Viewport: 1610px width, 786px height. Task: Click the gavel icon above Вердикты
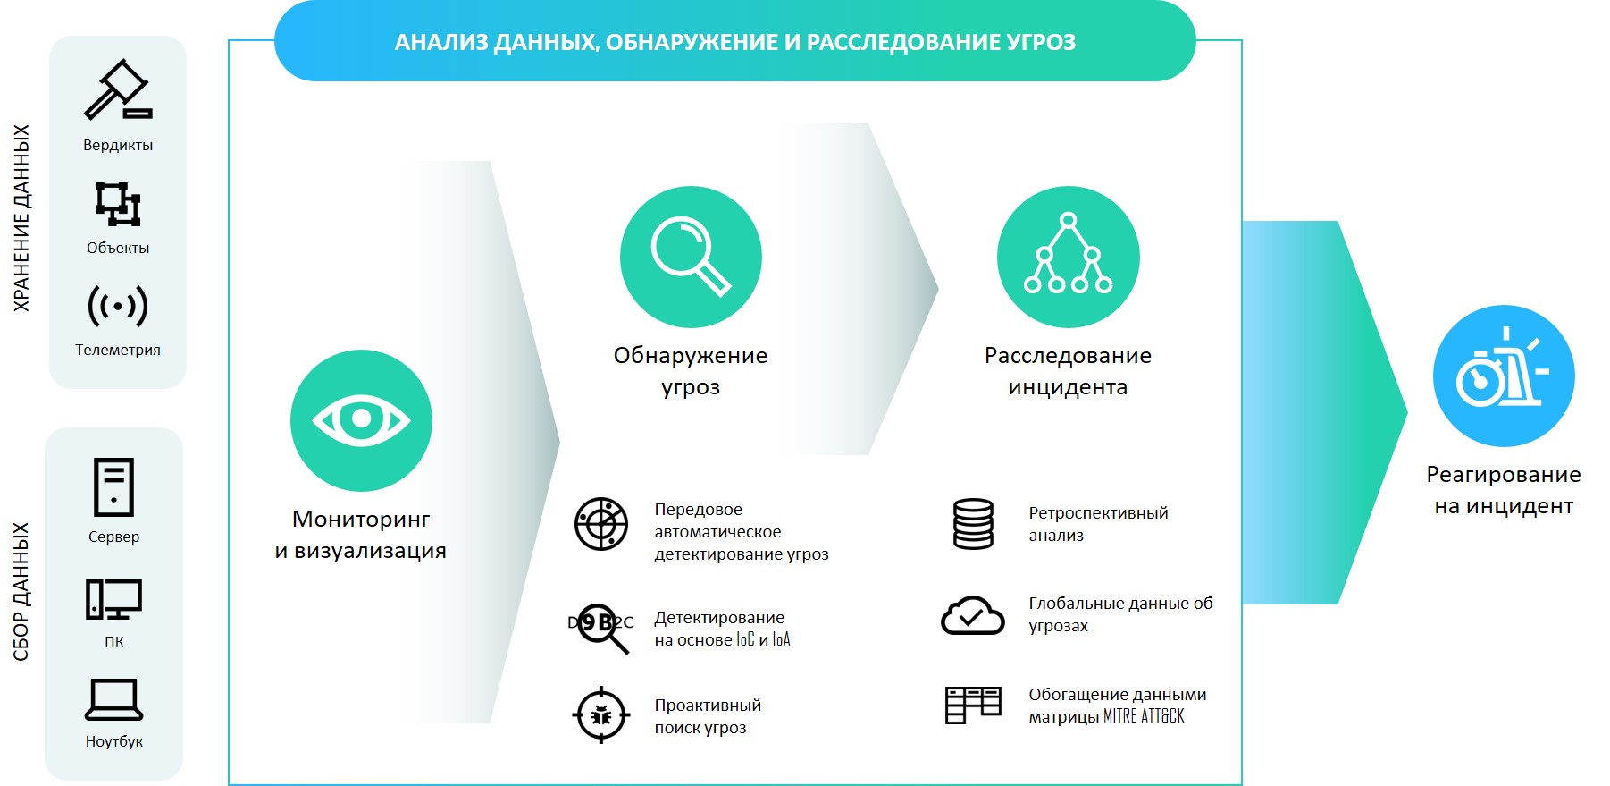[118, 89]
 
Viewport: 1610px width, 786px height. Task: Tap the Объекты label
[118, 248]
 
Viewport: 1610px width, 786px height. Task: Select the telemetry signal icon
[118, 306]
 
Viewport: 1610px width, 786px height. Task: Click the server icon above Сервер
[113, 487]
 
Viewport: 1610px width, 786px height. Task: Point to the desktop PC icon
[113, 600]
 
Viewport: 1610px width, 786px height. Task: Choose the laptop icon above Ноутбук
[113, 699]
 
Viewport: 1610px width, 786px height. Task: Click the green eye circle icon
[361, 420]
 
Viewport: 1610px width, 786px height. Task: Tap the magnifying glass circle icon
[691, 257]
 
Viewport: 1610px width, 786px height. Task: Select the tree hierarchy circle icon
[1068, 257]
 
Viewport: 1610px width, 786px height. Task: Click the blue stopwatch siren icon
[1504, 376]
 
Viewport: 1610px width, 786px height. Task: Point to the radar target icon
[601, 524]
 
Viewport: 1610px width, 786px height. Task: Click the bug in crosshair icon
[600, 714]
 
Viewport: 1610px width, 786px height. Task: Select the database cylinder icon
[973, 524]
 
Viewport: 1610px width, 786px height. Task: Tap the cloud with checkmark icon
[973, 615]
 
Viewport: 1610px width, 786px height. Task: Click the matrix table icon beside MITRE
[973, 706]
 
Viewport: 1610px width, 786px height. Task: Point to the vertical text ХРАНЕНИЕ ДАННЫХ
[21, 218]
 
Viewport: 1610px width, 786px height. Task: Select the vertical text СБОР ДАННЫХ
[21, 592]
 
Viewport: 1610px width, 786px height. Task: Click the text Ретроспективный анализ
[1098, 524]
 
